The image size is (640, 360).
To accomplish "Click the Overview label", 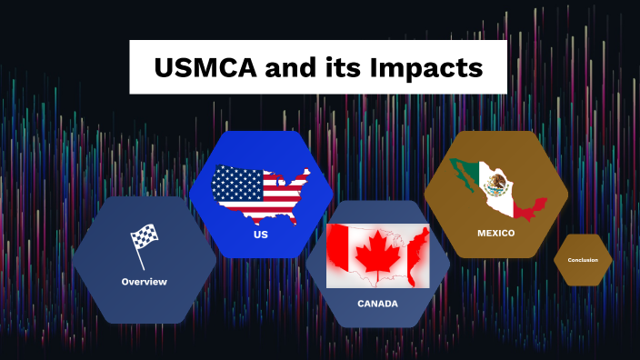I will tap(145, 282).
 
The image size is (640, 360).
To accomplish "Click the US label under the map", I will tap(261, 235).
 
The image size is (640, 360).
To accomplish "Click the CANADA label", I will tap(377, 304).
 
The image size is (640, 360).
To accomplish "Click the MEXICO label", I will tap(496, 233).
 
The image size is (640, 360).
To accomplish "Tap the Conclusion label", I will tap(583, 260).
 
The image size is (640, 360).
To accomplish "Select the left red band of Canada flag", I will tap(338, 255).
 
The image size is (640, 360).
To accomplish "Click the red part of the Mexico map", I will tap(527, 206).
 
